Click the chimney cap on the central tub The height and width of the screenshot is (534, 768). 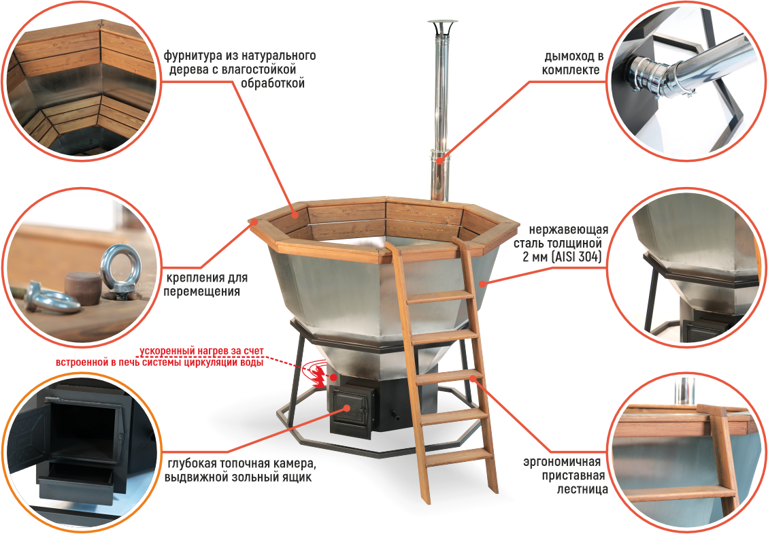pos(443,24)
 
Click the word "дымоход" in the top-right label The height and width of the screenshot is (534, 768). pos(569,56)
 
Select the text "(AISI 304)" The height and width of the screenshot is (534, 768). pos(576,256)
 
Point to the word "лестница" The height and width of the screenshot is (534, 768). pos(582,489)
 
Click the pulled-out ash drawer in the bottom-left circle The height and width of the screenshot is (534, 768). pos(76,482)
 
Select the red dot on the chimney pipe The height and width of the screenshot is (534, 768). pos(440,160)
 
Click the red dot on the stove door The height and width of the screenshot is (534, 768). pos(347,407)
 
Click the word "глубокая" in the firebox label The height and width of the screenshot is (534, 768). pos(191,464)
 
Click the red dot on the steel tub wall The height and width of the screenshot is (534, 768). pos(482,283)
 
